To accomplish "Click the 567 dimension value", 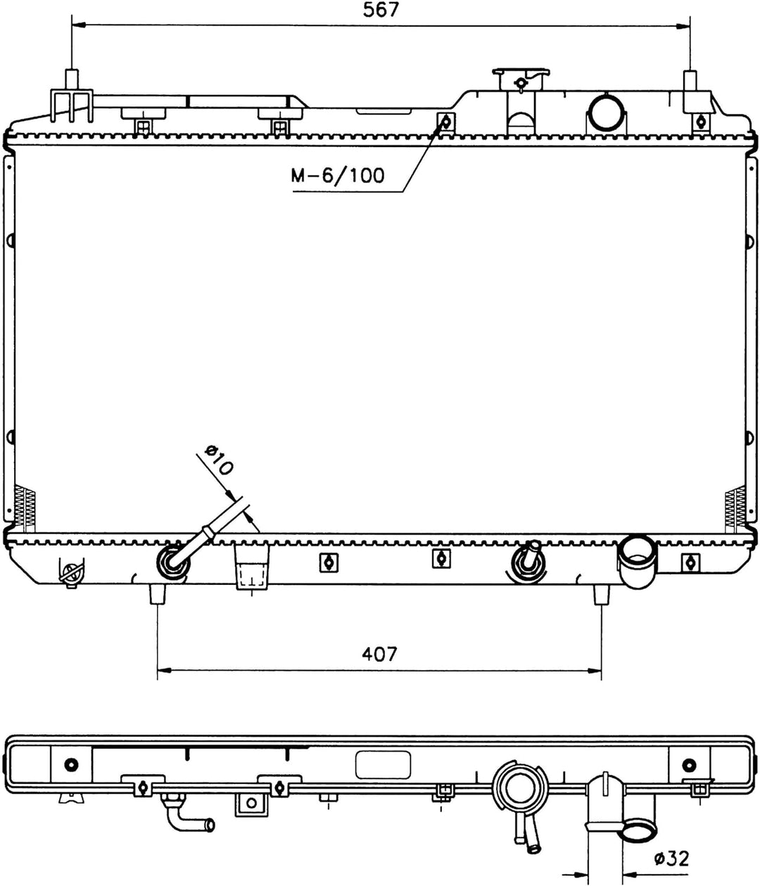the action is pyautogui.click(x=381, y=10).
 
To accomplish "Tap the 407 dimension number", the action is pyautogui.click(x=379, y=654).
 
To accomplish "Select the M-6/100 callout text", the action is pyautogui.click(x=338, y=175).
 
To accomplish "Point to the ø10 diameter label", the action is pyautogui.click(x=219, y=461).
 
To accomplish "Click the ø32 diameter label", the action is pyautogui.click(x=672, y=859).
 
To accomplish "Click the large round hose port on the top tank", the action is pyautogui.click(x=606, y=113).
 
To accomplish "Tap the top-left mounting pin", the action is pyautogui.click(x=71, y=80).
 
